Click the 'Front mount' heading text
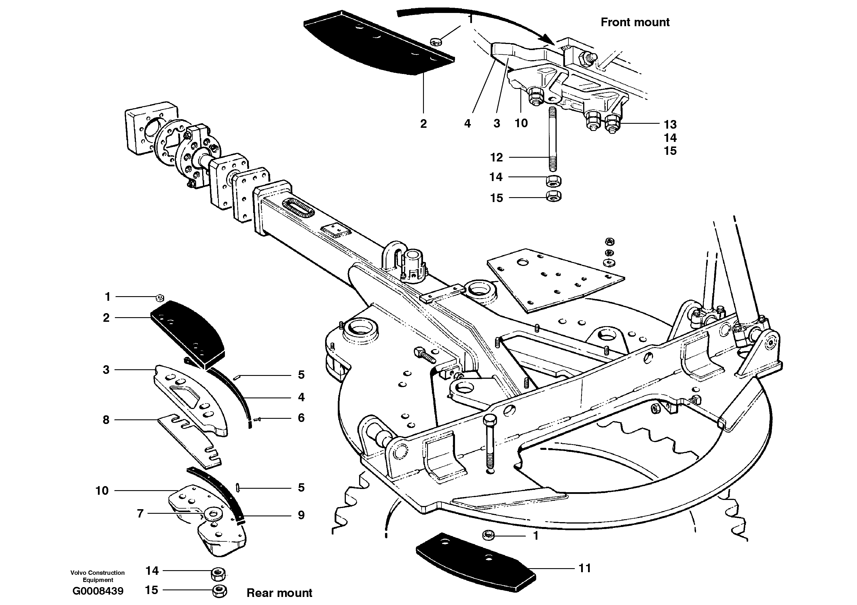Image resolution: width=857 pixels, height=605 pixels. pyautogui.click(x=635, y=22)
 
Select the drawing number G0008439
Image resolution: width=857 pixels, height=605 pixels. pyautogui.click(x=98, y=591)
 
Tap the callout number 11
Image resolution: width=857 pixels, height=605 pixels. pyautogui.click(x=585, y=568)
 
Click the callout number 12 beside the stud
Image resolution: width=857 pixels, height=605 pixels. pyautogui.click(x=496, y=158)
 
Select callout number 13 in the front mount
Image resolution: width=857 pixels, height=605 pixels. pyautogui.click(x=670, y=124)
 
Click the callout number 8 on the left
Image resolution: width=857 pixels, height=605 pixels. pyautogui.click(x=106, y=420)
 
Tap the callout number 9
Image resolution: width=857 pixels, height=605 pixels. pyautogui.click(x=301, y=515)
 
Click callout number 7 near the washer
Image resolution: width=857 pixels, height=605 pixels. pyautogui.click(x=140, y=513)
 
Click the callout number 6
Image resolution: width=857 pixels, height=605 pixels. pyautogui.click(x=301, y=418)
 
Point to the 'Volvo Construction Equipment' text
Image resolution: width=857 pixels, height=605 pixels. pyautogui.click(x=98, y=576)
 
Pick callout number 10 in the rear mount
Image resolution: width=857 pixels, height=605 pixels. pyautogui.click(x=102, y=490)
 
